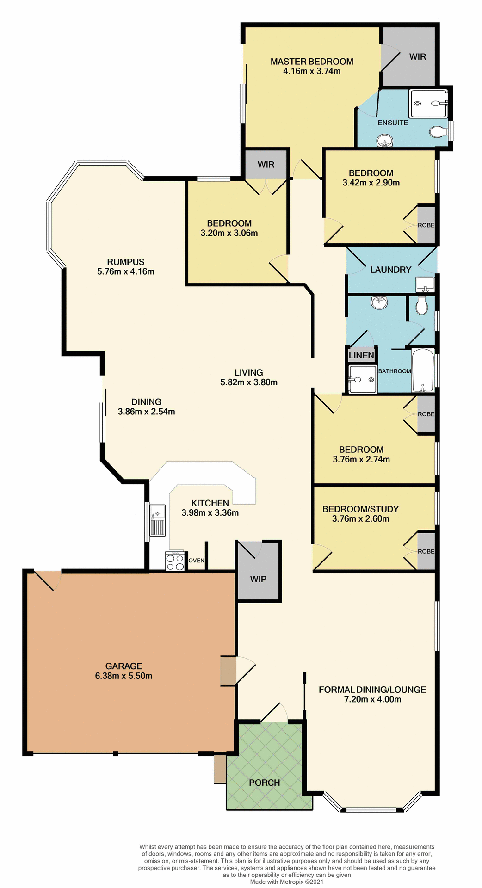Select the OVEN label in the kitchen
[196, 561]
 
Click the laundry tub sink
[425, 284]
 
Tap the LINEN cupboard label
[361, 355]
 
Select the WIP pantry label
[258, 579]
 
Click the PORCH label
[265, 783]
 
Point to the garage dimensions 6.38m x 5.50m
[124, 676]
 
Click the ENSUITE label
[393, 123]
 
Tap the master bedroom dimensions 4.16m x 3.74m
[312, 71]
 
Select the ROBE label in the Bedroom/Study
[426, 551]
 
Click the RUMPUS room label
[126, 262]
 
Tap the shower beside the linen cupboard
[363, 379]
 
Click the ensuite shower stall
[428, 104]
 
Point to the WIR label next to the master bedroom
[417, 56]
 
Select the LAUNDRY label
[390, 270]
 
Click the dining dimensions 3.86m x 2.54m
[146, 412]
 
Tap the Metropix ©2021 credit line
[287, 882]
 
